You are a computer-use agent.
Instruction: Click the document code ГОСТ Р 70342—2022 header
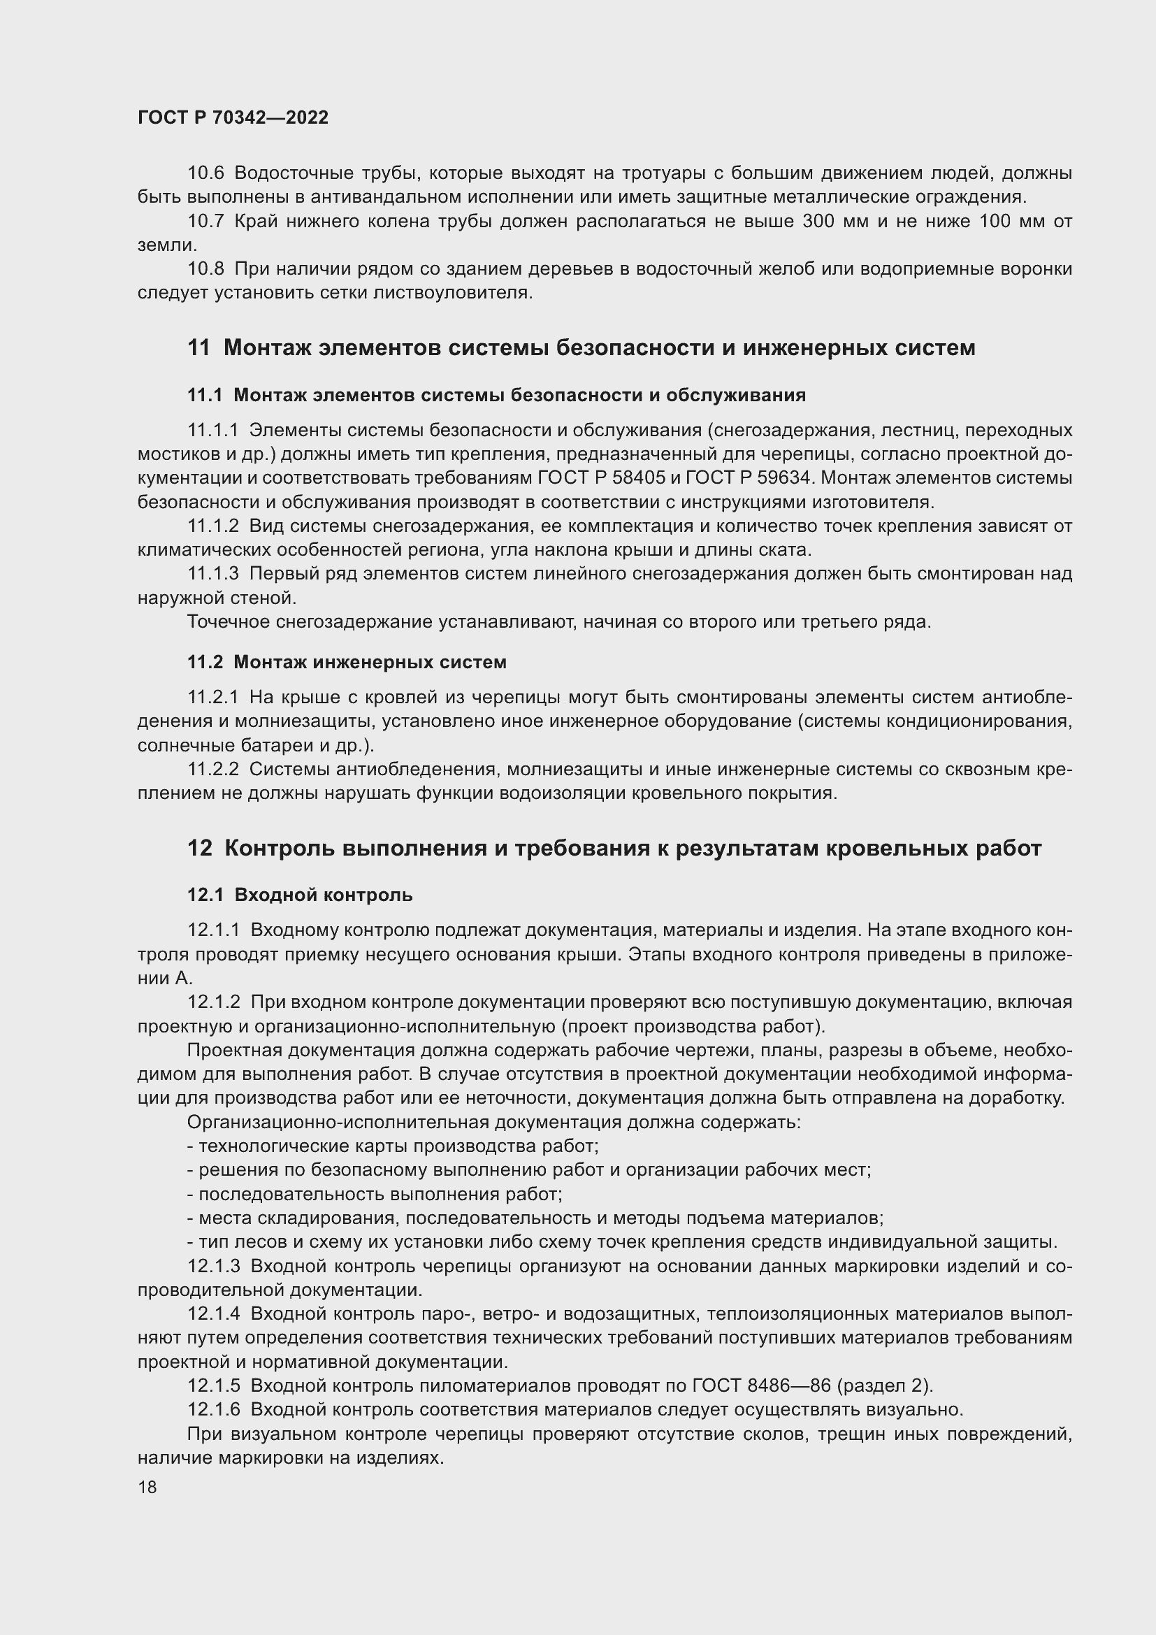(233, 117)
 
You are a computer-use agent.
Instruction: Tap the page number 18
(147, 1487)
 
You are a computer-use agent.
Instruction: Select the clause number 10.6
(205, 173)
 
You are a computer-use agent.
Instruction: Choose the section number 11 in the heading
(199, 348)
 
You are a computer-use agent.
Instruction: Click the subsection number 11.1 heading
(205, 395)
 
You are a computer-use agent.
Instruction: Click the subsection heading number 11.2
(205, 662)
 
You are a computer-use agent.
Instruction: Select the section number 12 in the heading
(200, 849)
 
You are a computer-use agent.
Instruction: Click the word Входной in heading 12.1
(274, 895)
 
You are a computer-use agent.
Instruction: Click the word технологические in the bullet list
(270, 1146)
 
